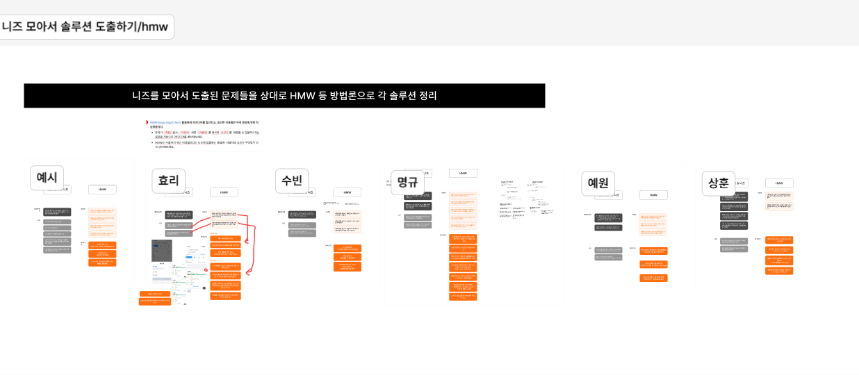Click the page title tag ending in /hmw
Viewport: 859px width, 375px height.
85,27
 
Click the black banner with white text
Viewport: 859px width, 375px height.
284,96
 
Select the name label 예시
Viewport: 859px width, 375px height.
47,178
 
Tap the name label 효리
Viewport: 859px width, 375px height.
169,181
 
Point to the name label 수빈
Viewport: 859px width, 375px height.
291,181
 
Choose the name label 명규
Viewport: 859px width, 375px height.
407,183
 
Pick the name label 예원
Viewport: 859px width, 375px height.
598,183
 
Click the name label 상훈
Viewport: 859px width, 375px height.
718,183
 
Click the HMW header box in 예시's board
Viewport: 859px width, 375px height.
102,190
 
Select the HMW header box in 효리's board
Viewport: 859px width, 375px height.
224,192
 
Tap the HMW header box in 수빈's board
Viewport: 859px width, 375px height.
347,192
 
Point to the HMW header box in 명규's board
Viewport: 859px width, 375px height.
463,173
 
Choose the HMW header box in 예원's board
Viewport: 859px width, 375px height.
653,195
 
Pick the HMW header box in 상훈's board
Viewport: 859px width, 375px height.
779,183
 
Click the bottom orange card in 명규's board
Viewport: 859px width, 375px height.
463,297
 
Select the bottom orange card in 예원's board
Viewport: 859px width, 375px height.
653,278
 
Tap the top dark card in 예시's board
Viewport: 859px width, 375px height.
57,212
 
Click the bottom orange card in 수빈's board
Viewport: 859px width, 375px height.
347,267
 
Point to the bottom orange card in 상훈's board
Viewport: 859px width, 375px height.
779,271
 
